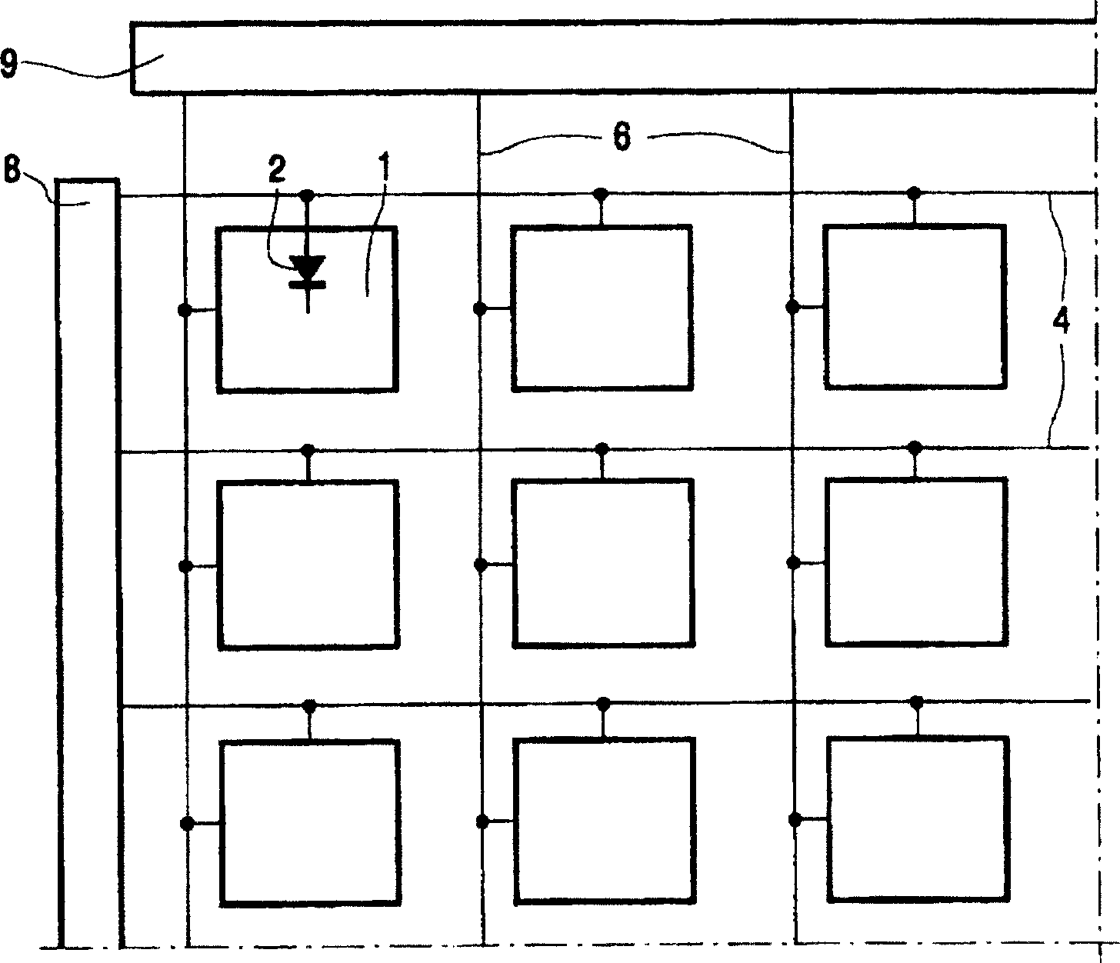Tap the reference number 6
point(621,138)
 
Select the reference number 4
point(1062,322)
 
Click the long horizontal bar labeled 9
point(613,58)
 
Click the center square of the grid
point(602,563)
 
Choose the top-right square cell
point(915,307)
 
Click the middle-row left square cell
point(308,565)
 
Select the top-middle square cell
point(602,308)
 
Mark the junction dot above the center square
point(602,448)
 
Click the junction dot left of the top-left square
point(185,310)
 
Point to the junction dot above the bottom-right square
point(916,701)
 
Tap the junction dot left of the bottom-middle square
point(482,821)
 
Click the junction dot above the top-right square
point(914,192)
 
